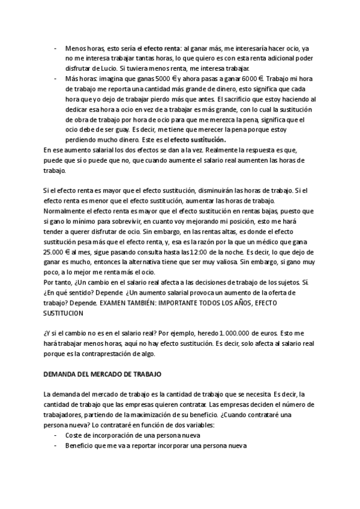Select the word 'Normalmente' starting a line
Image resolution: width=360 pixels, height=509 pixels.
pyautogui.click(x=65, y=211)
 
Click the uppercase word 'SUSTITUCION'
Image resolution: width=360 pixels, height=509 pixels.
pyautogui.click(x=64, y=313)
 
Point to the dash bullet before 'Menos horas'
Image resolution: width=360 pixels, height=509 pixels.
pyautogui.click(x=56, y=47)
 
